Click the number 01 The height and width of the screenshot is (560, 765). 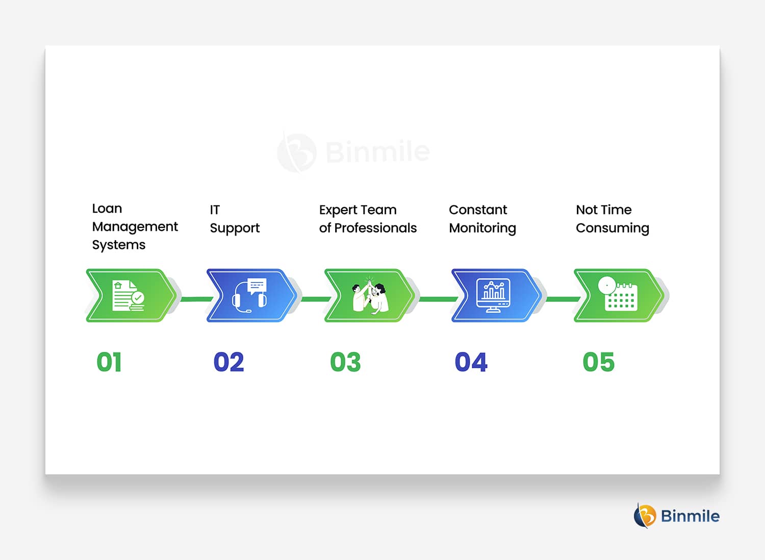(109, 362)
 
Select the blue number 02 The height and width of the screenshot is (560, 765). (228, 362)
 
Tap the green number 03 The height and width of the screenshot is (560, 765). (345, 362)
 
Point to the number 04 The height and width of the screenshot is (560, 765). (471, 362)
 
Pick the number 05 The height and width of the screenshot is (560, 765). (598, 362)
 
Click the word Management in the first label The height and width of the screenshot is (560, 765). (135, 227)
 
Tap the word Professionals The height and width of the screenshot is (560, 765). (375, 228)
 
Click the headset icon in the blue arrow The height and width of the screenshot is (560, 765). (250, 296)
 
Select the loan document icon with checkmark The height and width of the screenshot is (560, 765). (129, 296)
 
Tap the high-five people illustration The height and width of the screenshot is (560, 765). (370, 296)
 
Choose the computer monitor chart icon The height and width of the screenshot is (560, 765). (493, 296)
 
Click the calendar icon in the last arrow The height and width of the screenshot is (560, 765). (618, 294)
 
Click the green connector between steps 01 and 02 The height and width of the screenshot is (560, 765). (197, 299)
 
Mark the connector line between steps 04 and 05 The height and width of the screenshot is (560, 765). (563, 299)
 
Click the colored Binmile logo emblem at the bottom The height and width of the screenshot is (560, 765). (645, 516)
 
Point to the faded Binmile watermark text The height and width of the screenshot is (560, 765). (377, 151)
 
